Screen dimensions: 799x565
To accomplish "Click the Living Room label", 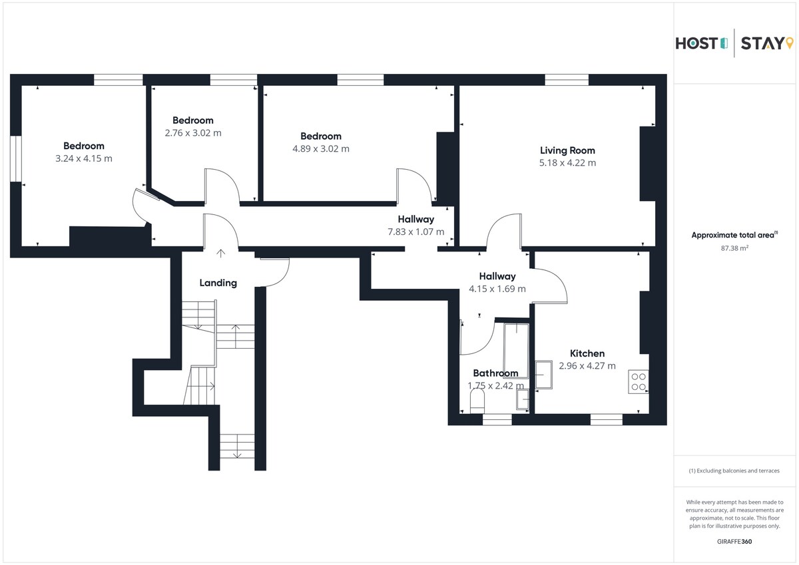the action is pyautogui.click(x=567, y=150).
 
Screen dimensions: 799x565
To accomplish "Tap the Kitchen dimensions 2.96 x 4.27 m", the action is pyautogui.click(x=587, y=366).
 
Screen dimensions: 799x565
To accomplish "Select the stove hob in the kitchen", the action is pyautogui.click(x=639, y=381).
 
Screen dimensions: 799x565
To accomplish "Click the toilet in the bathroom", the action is pyautogui.click(x=477, y=401).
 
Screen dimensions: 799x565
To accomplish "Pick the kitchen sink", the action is pyautogui.click(x=544, y=375).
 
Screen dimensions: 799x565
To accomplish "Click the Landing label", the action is pyautogui.click(x=218, y=283).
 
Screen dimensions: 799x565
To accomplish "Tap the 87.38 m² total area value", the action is pyautogui.click(x=734, y=248).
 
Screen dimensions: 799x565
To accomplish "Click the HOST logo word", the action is pyautogui.click(x=697, y=44).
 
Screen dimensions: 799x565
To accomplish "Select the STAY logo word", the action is pyautogui.click(x=762, y=43).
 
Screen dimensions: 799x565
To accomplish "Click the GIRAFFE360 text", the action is pyautogui.click(x=734, y=542).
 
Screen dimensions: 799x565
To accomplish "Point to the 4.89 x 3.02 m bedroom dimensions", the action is pyautogui.click(x=321, y=148).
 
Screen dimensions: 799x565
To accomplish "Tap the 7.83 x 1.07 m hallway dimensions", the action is pyautogui.click(x=416, y=232).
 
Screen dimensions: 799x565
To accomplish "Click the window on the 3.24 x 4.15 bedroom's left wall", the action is pyautogui.click(x=16, y=158).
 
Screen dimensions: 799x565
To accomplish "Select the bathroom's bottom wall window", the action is pyautogui.click(x=497, y=419).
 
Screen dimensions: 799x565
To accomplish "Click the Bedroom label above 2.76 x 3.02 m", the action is pyautogui.click(x=193, y=120).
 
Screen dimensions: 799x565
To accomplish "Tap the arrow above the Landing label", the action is pyautogui.click(x=221, y=254).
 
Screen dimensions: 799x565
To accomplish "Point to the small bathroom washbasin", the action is pyautogui.click(x=523, y=399).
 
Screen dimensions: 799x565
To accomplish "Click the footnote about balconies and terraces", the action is pyautogui.click(x=734, y=471).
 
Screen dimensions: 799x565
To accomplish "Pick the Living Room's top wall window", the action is pyautogui.click(x=567, y=80).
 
